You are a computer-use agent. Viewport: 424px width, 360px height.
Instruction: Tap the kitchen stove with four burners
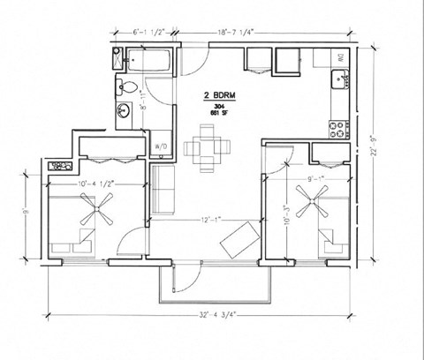338,131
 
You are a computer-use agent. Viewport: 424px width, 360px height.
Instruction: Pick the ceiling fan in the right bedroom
313,209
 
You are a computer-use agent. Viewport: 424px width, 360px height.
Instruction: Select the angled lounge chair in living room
238,240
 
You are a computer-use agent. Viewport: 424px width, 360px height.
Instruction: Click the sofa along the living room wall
162,190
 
